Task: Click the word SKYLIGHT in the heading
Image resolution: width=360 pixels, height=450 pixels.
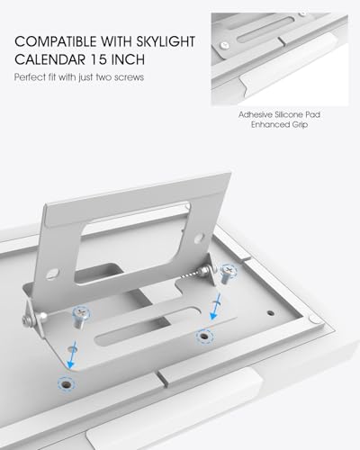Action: click(166, 41)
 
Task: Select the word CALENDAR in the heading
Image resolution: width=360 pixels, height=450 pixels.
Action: click(50, 59)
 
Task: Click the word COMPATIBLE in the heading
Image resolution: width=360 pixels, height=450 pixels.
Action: click(56, 41)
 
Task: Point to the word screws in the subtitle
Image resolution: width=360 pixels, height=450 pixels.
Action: click(129, 77)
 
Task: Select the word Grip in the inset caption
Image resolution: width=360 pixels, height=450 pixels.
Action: click(300, 124)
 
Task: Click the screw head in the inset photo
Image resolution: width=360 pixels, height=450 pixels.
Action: click(224, 46)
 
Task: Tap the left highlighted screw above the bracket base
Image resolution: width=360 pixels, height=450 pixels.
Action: click(81, 317)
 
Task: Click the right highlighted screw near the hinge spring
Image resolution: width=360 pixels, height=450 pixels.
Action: click(228, 274)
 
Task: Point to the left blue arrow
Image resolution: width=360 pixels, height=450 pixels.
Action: click(72, 355)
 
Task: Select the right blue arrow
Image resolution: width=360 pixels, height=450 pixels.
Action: click(216, 307)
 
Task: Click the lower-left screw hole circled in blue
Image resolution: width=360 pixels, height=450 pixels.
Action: click(67, 384)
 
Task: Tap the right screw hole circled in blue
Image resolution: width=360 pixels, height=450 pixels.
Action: click(204, 337)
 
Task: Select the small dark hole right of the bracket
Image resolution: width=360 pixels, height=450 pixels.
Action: click(271, 313)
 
